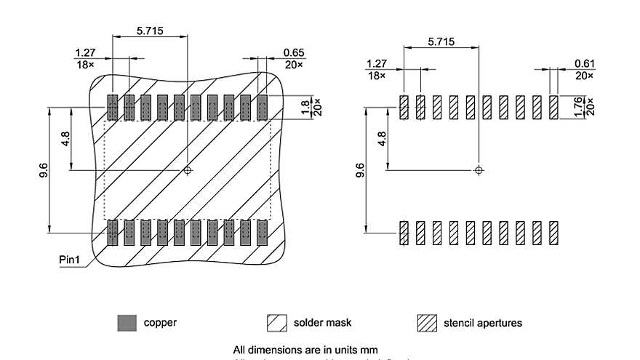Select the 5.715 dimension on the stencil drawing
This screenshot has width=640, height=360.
click(x=441, y=41)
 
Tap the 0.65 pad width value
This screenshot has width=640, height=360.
click(x=293, y=52)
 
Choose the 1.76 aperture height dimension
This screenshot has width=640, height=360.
click(x=578, y=108)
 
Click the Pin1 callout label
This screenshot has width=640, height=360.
click(x=72, y=260)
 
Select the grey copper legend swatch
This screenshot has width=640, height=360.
click(x=127, y=322)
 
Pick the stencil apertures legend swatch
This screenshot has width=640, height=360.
click(x=427, y=322)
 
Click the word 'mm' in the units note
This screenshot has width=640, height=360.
click(x=369, y=350)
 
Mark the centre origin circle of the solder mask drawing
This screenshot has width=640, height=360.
click(x=188, y=170)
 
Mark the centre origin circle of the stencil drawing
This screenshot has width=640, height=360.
click(x=478, y=170)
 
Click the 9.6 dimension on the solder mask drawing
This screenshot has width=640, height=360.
click(x=44, y=170)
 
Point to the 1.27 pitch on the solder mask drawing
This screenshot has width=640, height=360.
click(x=85, y=52)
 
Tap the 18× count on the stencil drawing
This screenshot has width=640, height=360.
click(x=376, y=76)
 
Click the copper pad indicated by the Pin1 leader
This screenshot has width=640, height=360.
click(x=113, y=232)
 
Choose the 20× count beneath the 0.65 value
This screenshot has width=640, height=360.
click(x=293, y=64)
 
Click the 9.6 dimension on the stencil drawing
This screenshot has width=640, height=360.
click(x=360, y=170)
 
